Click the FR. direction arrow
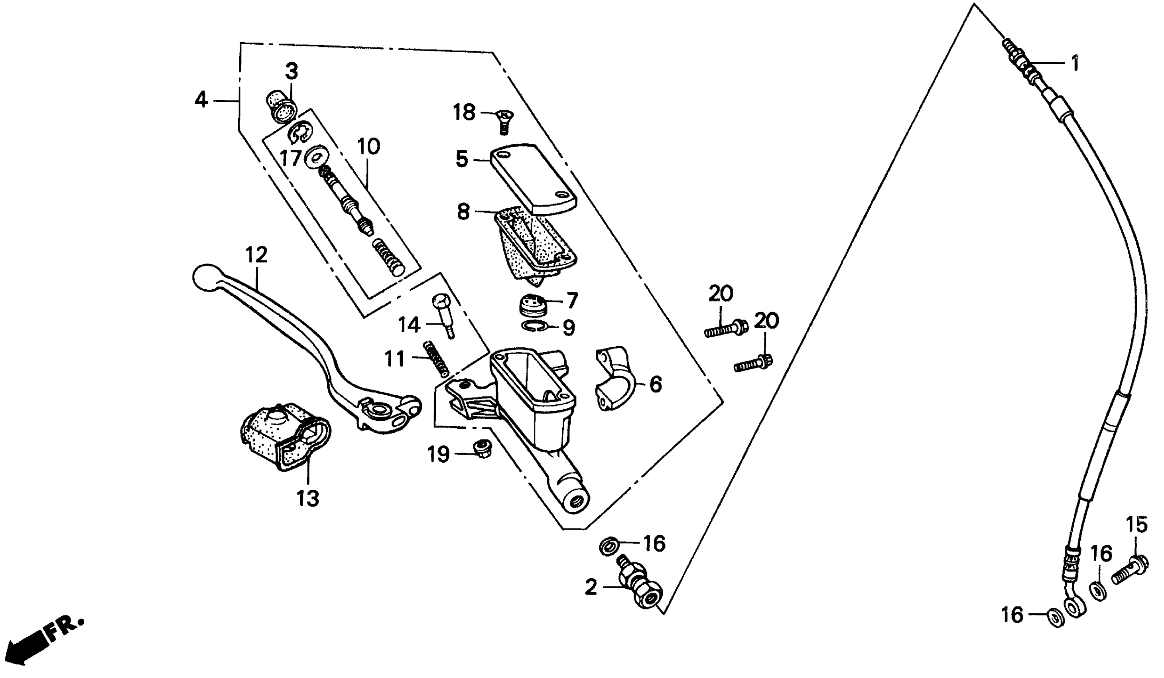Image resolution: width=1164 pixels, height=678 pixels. click(32, 644)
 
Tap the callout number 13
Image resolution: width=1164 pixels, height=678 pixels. click(308, 499)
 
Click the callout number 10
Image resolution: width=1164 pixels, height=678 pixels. click(368, 147)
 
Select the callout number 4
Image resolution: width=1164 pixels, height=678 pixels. click(201, 100)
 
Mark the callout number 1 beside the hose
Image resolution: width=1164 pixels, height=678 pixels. click(1074, 64)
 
